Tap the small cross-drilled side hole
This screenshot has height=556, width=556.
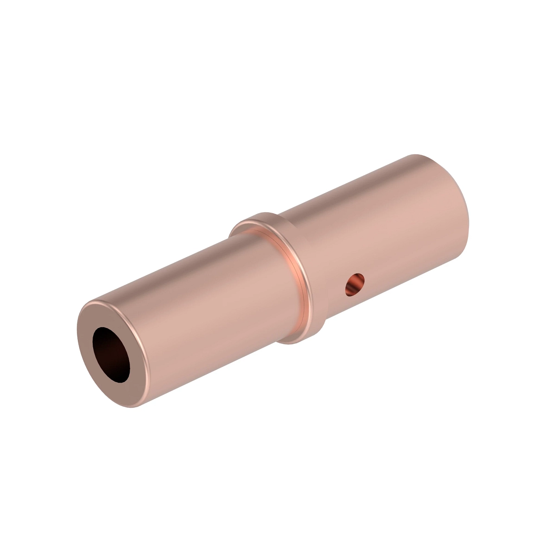click(x=355, y=284)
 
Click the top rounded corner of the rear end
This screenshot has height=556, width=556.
click(x=417, y=157)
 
